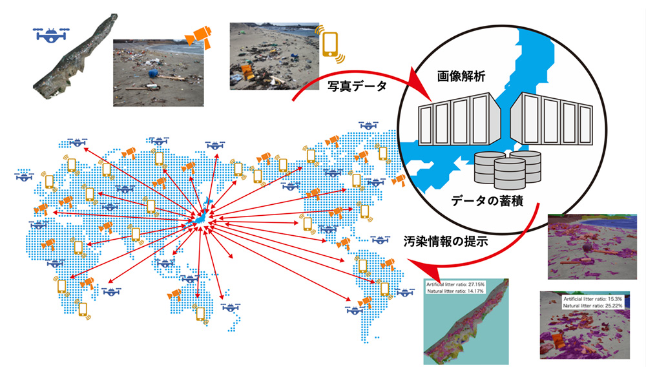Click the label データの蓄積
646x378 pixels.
coord(491,202)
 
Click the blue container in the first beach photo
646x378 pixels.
coord(155,72)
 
